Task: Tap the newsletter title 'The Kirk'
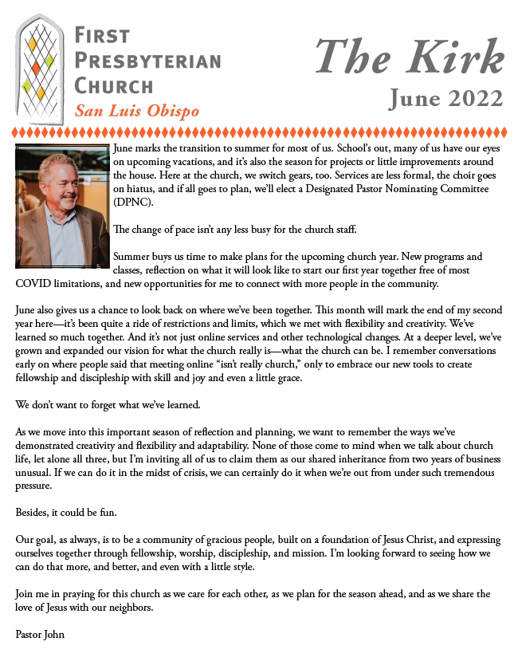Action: point(409,58)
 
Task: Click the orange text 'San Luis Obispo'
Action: point(136,110)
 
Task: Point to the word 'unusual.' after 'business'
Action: point(34,474)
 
